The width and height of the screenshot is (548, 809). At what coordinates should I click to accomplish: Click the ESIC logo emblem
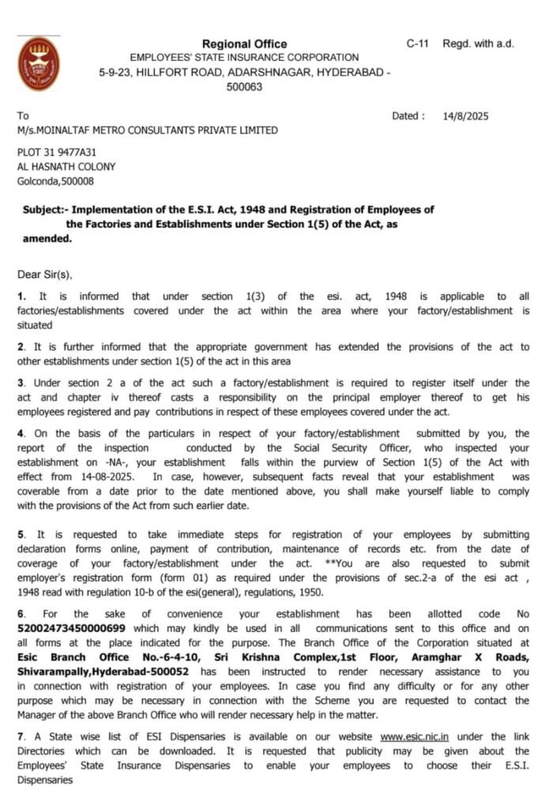click(38, 64)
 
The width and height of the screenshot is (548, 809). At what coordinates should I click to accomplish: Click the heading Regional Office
click(244, 44)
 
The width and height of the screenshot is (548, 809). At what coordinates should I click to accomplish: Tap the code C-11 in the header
click(418, 43)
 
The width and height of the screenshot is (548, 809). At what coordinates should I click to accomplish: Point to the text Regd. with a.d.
click(479, 43)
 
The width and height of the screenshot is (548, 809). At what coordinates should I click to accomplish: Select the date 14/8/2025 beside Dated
click(466, 116)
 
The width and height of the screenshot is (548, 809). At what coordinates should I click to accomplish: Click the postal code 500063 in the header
click(244, 87)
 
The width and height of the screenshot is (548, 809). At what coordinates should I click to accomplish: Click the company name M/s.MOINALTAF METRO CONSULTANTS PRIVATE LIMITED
click(148, 130)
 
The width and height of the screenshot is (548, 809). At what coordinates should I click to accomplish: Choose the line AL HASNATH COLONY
click(66, 167)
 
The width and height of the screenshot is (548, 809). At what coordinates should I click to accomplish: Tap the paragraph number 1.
click(21, 296)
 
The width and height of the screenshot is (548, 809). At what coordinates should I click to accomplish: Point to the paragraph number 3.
click(21, 383)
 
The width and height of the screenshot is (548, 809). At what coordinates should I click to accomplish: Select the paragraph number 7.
click(21, 736)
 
